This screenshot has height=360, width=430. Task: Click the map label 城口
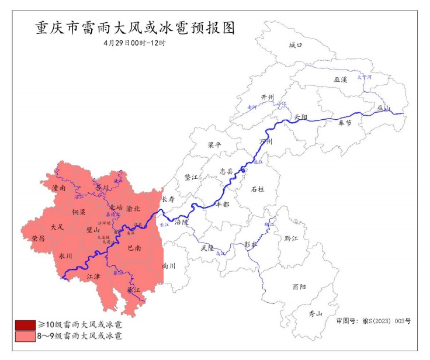(295, 45)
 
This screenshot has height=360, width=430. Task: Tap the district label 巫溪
(340, 79)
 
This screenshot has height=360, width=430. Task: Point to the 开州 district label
(268, 98)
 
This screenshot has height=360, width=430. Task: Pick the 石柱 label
(258, 189)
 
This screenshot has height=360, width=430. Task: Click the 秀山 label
(315, 314)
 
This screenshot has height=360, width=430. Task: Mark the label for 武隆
(207, 248)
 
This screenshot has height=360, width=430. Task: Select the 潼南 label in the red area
(58, 188)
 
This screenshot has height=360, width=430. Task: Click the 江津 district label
(94, 276)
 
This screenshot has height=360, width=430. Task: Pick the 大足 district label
(57, 226)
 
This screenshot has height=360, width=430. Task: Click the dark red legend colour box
(25, 324)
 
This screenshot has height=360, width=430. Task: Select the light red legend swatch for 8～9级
(25, 336)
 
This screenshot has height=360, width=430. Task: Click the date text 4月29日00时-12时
(134, 43)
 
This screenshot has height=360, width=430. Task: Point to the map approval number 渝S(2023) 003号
(374, 321)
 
